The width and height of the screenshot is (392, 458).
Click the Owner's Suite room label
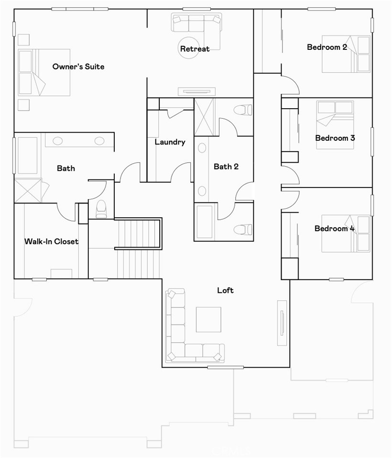pyautogui.click(x=78, y=67)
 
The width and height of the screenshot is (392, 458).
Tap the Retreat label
pyautogui.click(x=195, y=49)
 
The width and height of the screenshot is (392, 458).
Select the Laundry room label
pyautogui.click(x=170, y=142)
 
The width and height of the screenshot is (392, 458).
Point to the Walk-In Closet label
pyautogui.click(x=51, y=242)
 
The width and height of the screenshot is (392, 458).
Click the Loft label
pyautogui.click(x=225, y=290)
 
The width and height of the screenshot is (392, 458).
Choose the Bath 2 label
pyautogui.click(x=226, y=167)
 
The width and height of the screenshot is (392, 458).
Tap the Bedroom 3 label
pyautogui.click(x=335, y=138)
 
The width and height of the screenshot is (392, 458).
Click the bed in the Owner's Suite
pyautogui.click(x=44, y=72)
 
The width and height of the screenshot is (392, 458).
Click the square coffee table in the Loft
pyautogui.click(x=208, y=320)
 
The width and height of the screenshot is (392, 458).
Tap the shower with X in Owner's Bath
pyautogui.click(x=28, y=191)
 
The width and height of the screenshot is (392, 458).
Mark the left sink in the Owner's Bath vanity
pyautogui.click(x=58, y=141)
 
